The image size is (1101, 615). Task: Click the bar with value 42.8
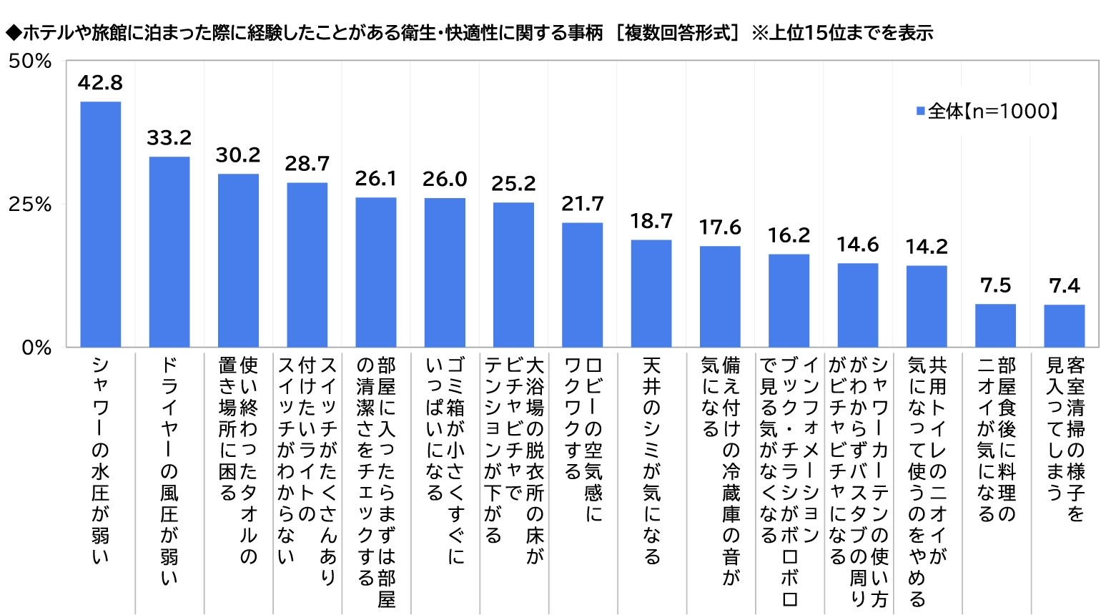(x=100, y=225)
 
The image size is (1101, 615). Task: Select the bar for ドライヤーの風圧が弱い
(x=169, y=252)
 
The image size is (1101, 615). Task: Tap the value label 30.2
(x=238, y=155)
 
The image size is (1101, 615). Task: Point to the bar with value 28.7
(x=307, y=265)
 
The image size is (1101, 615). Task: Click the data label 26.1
(x=376, y=179)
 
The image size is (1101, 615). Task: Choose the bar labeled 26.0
(x=445, y=272)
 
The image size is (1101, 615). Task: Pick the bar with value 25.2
(x=513, y=275)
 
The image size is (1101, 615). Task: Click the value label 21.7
(x=583, y=205)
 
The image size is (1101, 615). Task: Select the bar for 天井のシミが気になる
(x=651, y=293)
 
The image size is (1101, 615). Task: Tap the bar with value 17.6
(x=720, y=297)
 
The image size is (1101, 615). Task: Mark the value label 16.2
(x=789, y=235)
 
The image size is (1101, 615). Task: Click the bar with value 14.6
(x=858, y=305)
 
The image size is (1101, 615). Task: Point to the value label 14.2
(x=927, y=247)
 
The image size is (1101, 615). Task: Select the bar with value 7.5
(x=995, y=325)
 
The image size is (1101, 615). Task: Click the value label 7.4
(x=1065, y=286)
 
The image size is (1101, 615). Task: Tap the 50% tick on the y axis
(x=30, y=62)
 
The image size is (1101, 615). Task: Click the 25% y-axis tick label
(x=30, y=205)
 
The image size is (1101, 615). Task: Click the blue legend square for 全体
(x=921, y=111)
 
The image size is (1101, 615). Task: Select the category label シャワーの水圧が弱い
(x=100, y=461)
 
